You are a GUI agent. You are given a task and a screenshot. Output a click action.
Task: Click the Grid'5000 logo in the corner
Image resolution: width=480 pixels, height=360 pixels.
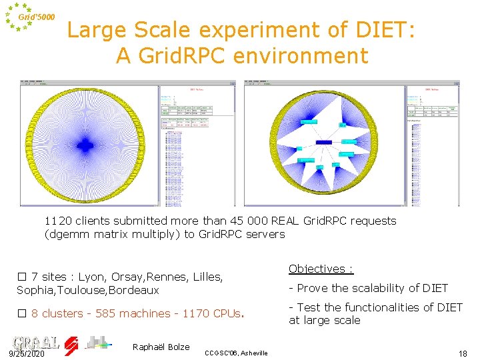[29, 17]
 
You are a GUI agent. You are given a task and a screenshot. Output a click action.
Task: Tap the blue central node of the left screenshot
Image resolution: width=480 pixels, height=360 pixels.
[85, 143]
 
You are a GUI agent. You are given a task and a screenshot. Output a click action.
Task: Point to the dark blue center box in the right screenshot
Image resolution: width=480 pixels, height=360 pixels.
[324, 143]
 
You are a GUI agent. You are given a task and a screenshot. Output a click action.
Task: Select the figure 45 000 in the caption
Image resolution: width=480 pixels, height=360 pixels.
[249, 221]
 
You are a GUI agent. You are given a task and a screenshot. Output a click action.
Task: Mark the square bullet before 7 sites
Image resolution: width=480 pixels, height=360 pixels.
[21, 277]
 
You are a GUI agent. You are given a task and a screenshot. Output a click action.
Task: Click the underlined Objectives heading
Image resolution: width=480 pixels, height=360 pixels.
[321, 269]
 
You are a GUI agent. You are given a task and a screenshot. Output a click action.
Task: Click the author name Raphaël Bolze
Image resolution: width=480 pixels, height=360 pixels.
[161, 347]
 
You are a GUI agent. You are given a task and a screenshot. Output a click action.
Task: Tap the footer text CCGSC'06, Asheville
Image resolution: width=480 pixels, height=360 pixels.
[236, 353]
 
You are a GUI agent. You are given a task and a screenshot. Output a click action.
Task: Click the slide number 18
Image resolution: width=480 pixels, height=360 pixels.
[463, 353]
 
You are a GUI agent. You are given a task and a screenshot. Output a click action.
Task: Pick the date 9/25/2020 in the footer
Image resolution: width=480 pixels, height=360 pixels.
[27, 353]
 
